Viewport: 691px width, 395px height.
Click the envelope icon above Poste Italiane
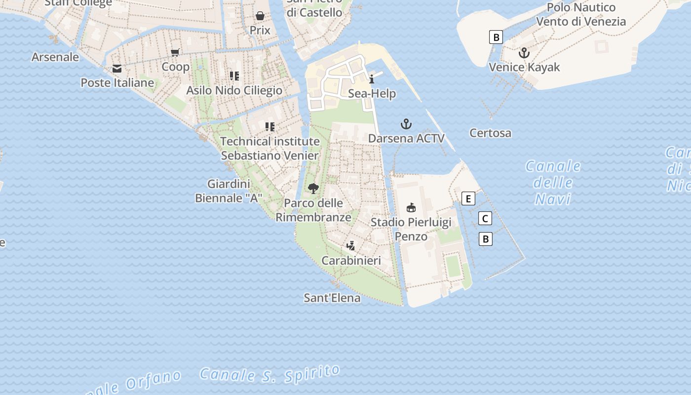click(x=117, y=69)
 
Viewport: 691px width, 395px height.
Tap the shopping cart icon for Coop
click(x=175, y=52)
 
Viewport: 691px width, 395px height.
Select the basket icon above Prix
click(x=260, y=16)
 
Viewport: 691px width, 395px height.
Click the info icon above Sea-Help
click(x=372, y=79)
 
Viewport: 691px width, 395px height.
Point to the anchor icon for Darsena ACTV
click(x=406, y=124)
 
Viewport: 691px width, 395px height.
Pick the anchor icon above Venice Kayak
click(x=524, y=53)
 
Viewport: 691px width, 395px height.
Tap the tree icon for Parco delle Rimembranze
click(x=313, y=188)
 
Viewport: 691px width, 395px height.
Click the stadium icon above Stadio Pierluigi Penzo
click(x=411, y=207)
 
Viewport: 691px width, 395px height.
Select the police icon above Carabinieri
click(x=351, y=245)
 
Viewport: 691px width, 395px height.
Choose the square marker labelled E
click(x=468, y=198)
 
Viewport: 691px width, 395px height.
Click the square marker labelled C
click(x=485, y=218)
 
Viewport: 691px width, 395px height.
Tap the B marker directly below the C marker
click(x=486, y=239)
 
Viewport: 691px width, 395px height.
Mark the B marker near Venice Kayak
click(x=496, y=37)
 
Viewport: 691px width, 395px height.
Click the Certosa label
click(x=490, y=133)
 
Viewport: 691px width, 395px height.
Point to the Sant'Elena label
click(x=332, y=298)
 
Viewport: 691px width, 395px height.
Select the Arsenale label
click(x=55, y=57)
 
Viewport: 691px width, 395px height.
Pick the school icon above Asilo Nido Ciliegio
click(x=234, y=76)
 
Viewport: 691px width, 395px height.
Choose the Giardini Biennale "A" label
click(x=229, y=191)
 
